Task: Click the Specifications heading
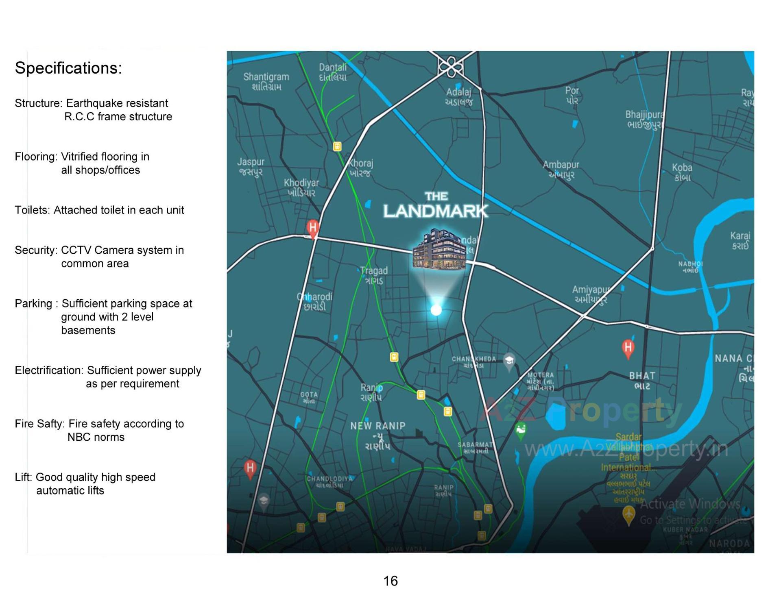point(68,68)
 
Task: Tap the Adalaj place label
point(458,97)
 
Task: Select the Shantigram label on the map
point(266,81)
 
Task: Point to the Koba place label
point(682,172)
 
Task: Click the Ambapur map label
point(561,170)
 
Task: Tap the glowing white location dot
point(436,310)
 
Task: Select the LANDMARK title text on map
point(435,211)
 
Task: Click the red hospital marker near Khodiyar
point(312,228)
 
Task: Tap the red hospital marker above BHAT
point(628,348)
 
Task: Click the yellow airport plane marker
point(629,514)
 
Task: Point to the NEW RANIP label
point(378,426)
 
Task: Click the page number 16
point(390,581)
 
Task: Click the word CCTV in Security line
point(74,250)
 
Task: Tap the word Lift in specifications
point(23,477)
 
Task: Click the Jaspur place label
point(251,167)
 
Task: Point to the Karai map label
point(740,240)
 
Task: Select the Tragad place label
point(374,275)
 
